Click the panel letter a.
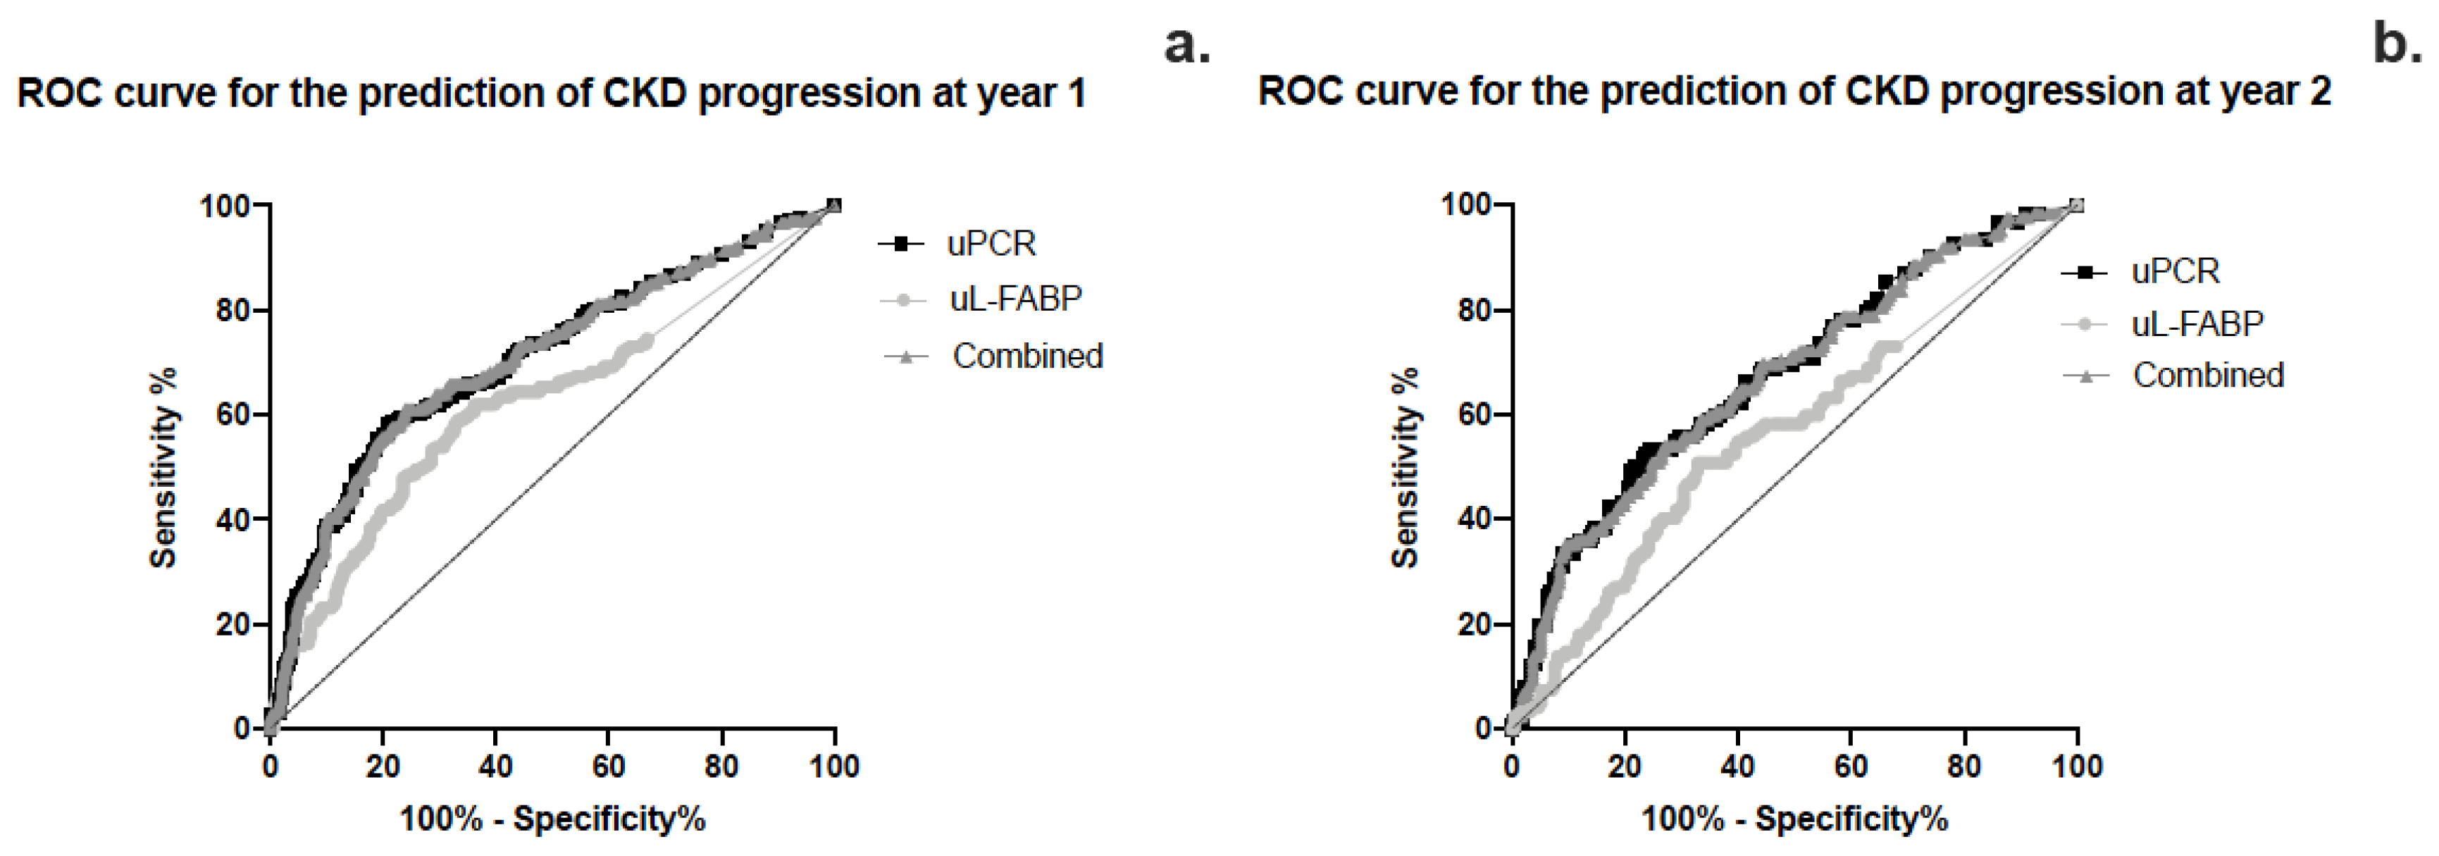click(1186, 46)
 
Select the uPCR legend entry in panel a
click(991, 244)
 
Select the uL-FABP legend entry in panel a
click(1014, 299)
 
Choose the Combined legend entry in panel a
click(1026, 356)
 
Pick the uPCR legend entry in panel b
click(2175, 272)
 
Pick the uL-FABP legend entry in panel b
click(2197, 325)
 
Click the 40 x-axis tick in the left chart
click(495, 765)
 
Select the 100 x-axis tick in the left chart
click(834, 765)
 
